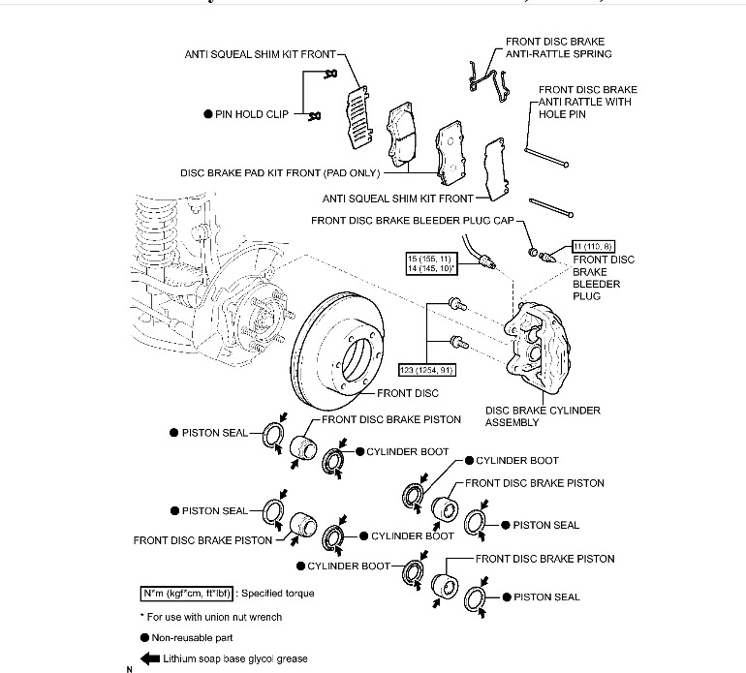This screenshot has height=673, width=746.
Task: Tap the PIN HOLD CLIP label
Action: pos(251,113)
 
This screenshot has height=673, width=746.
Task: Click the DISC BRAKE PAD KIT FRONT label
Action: pos(280,174)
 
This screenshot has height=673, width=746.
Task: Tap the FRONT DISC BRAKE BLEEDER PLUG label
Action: pos(604,278)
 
